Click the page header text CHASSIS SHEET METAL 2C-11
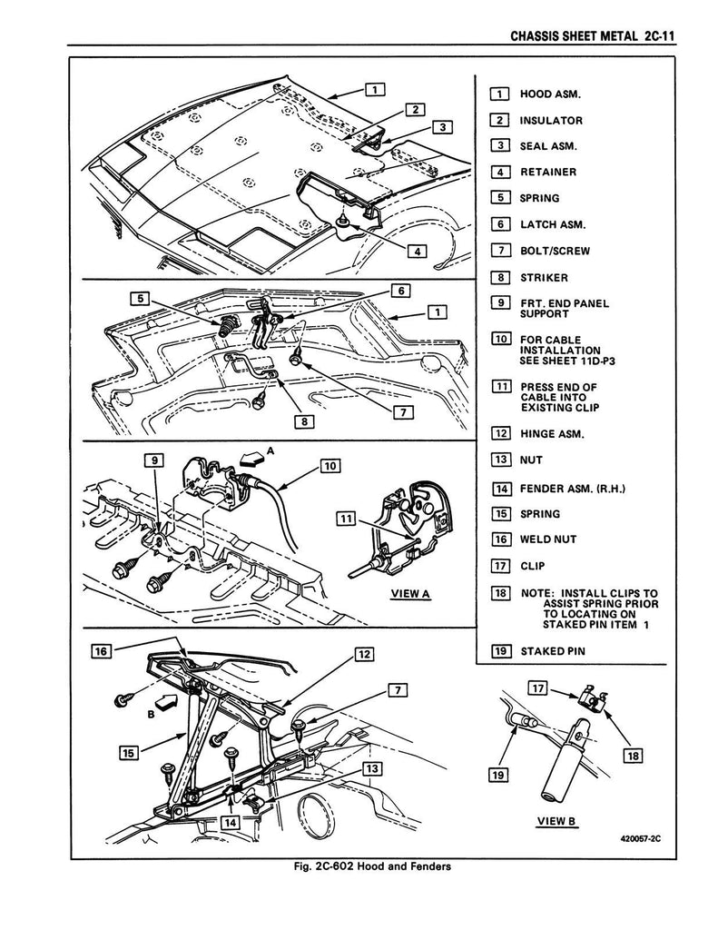[x=593, y=36]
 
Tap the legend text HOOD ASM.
[x=550, y=94]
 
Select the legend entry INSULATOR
[x=551, y=121]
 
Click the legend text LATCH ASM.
[x=553, y=225]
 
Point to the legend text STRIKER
[x=544, y=278]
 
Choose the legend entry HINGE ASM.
[x=552, y=434]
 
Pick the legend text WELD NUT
[x=548, y=539]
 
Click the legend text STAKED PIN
[x=553, y=651]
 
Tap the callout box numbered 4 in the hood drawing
[x=418, y=252]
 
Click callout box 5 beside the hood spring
[x=140, y=298]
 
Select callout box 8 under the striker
[x=305, y=421]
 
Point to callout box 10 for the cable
[x=330, y=466]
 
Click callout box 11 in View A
[x=346, y=519]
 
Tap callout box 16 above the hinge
[x=102, y=651]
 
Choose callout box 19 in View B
[x=499, y=775]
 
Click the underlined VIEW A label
[x=410, y=594]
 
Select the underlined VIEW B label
[x=556, y=821]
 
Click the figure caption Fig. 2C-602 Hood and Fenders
[x=372, y=866]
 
